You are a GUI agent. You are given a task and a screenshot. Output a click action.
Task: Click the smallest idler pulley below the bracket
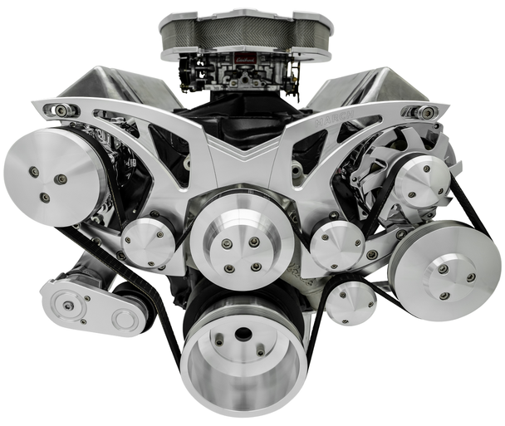[351, 301]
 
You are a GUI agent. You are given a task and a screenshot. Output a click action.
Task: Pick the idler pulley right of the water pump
[336, 245]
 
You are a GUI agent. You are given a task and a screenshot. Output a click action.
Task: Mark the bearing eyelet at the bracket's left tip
[61, 110]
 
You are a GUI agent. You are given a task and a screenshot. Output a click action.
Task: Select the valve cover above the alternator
[365, 91]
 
